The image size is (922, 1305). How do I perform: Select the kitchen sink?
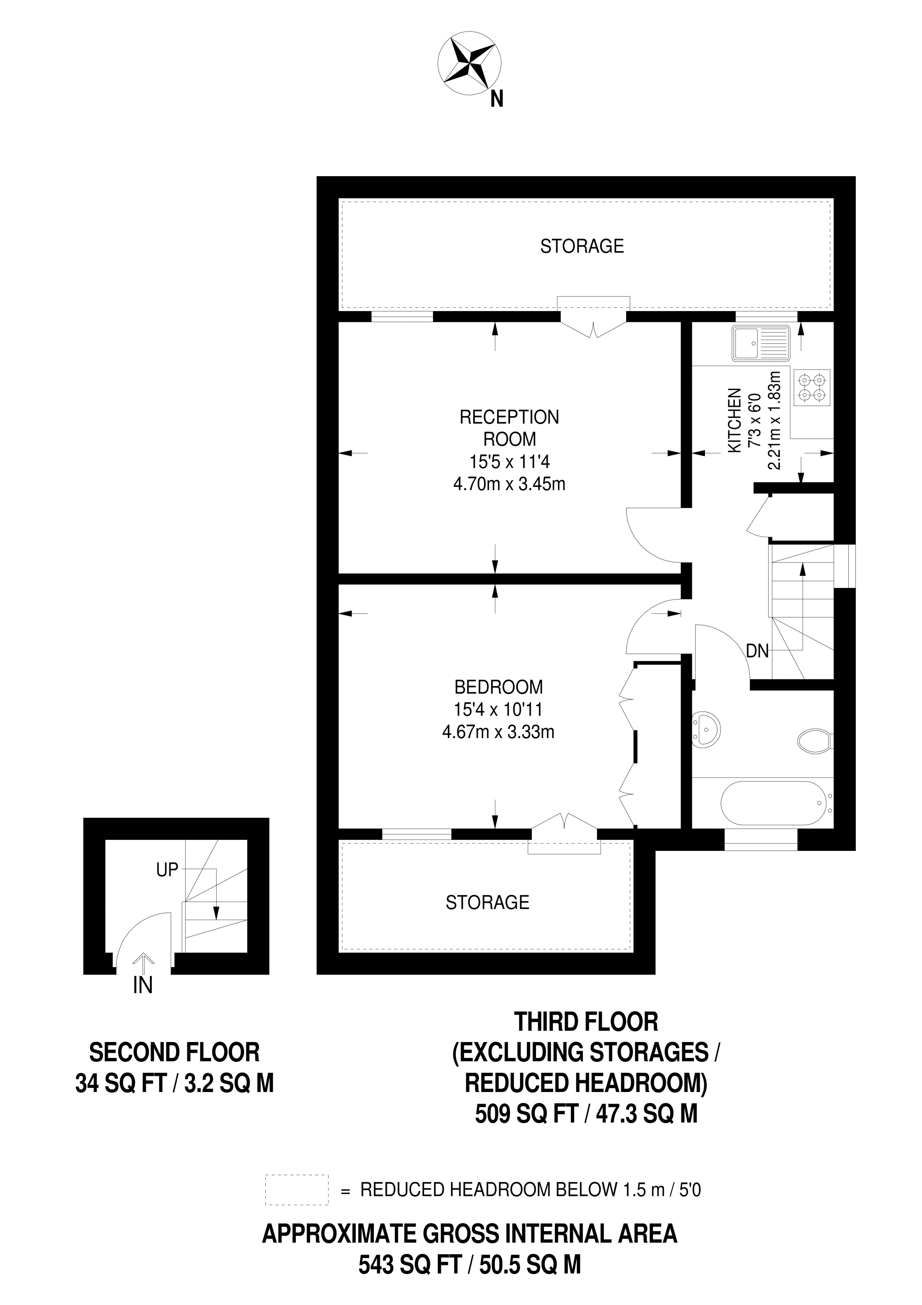point(761,344)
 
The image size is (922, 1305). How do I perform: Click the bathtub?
point(770,804)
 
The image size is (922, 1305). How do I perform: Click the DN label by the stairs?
point(757,651)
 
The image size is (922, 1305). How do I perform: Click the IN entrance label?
point(142,985)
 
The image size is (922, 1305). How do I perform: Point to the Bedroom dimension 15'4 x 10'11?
point(498,710)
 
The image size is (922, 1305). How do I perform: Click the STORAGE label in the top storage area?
point(582,246)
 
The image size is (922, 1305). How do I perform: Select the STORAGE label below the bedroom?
point(487,902)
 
